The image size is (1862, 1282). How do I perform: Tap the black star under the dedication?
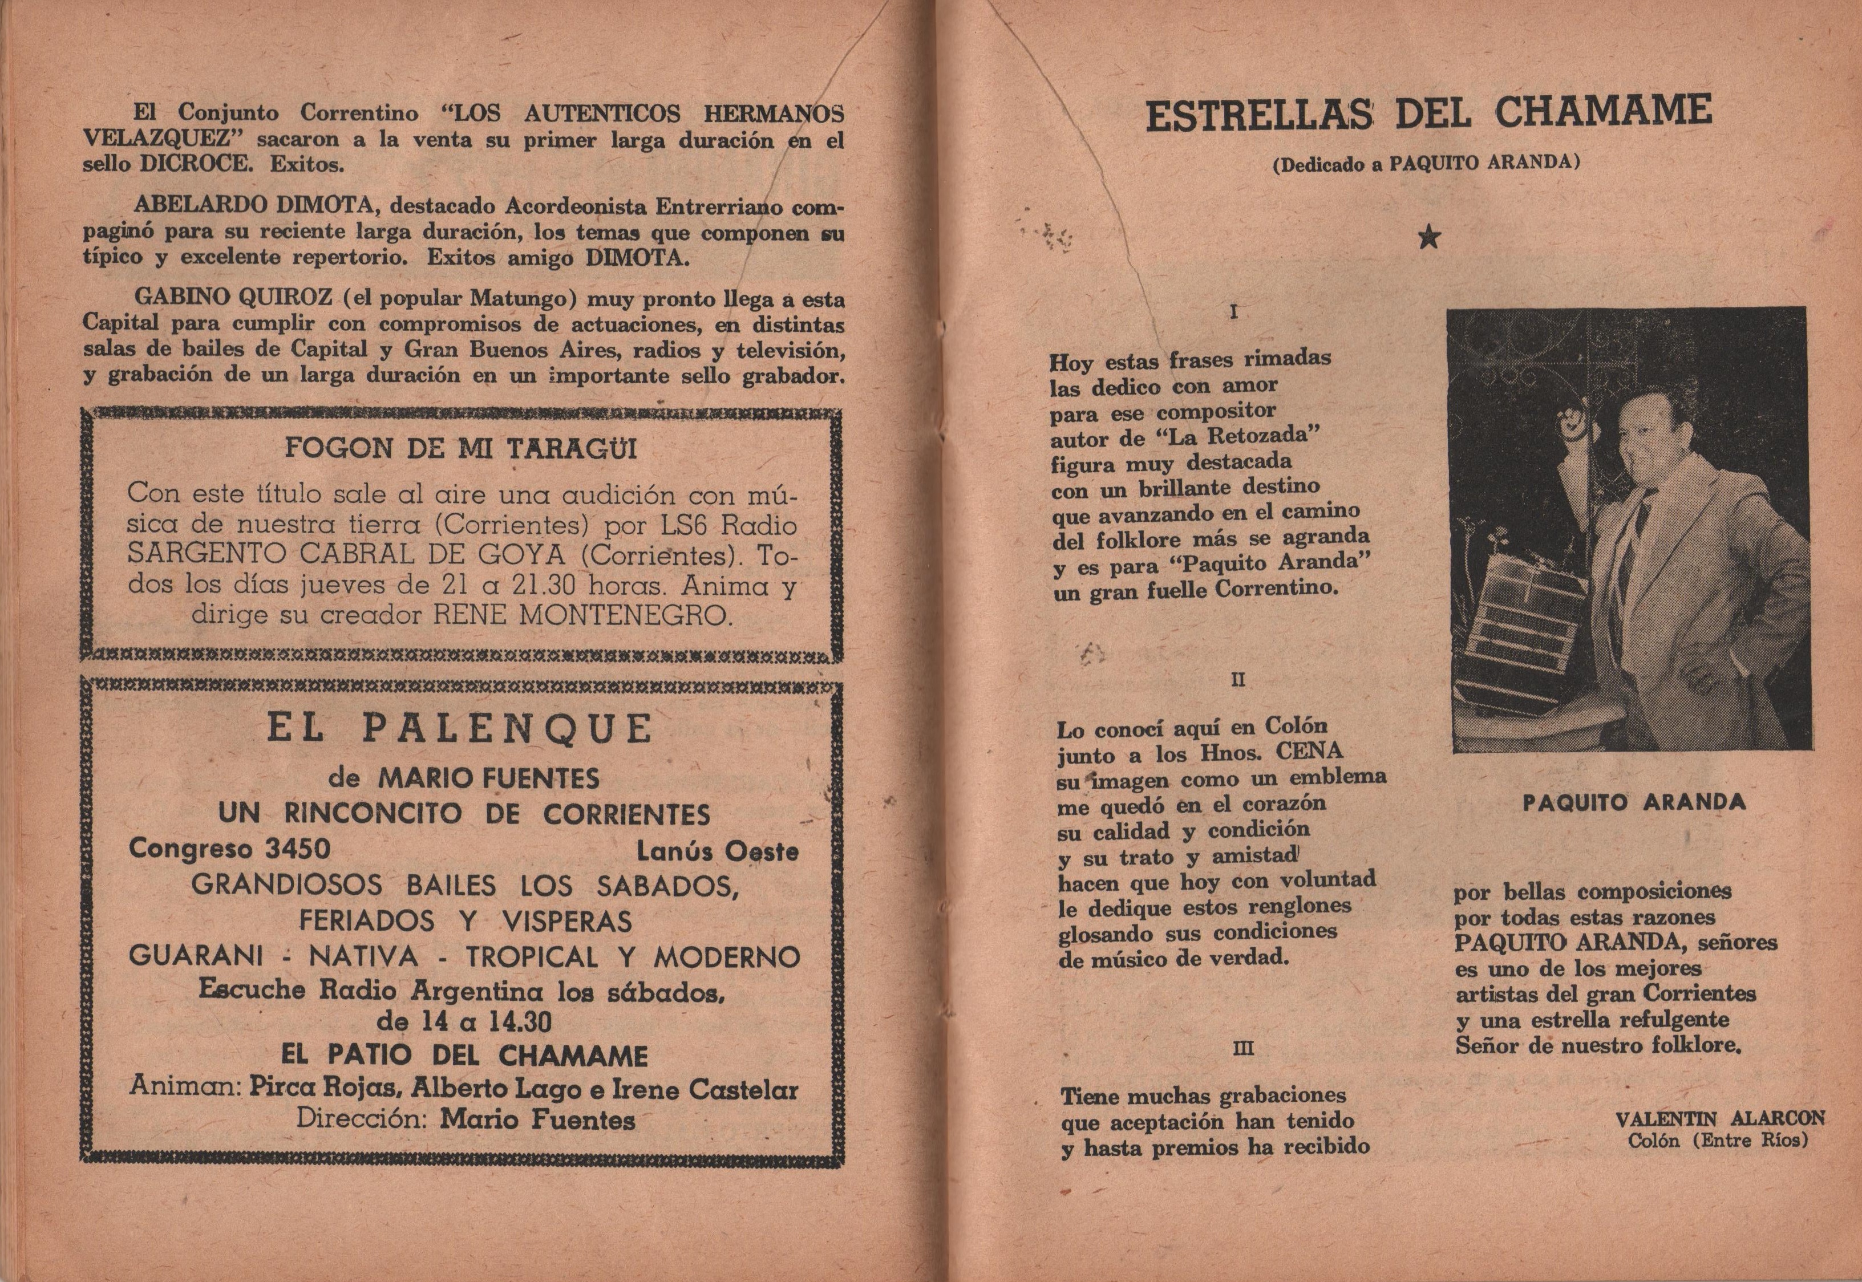(1428, 238)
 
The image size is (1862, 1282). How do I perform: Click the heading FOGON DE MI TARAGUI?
(461, 448)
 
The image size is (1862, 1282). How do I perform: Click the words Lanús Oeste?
(717, 851)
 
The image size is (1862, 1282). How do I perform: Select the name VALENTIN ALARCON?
(1718, 1118)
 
